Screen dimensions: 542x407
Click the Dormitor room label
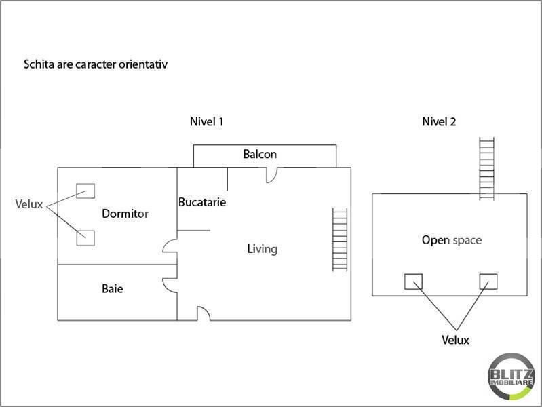click(125, 214)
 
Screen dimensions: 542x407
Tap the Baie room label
click(113, 288)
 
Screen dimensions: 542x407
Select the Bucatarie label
click(202, 202)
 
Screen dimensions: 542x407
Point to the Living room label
click(262, 250)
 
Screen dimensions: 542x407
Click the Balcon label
click(260, 154)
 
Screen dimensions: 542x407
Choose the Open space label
click(452, 240)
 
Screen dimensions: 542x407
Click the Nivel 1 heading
click(207, 121)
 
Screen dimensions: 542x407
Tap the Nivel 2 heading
click(439, 121)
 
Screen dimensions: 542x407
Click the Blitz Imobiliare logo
click(511, 376)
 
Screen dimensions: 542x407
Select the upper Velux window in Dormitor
click(85, 191)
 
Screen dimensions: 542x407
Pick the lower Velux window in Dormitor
click(85, 238)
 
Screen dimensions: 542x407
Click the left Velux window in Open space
click(413, 282)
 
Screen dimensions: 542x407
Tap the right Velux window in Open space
click(488, 282)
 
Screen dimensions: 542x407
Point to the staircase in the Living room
click(340, 239)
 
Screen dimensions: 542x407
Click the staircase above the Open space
click(486, 168)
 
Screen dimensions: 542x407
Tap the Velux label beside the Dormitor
click(29, 204)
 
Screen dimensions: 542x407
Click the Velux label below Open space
click(455, 340)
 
